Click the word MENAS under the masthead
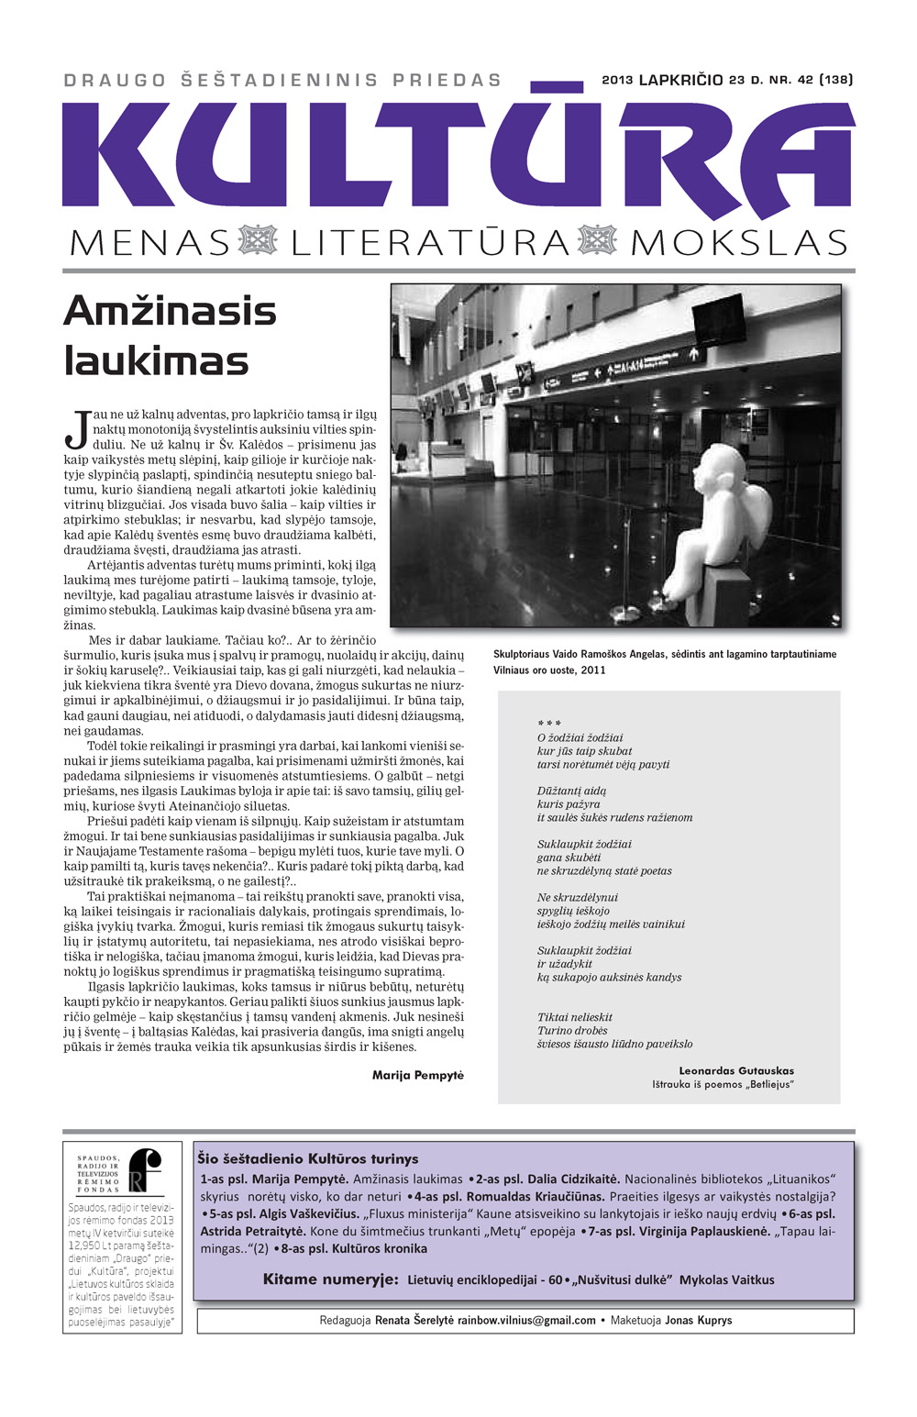click(x=149, y=243)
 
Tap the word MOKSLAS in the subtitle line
click(x=739, y=243)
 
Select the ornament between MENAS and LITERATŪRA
click(x=258, y=240)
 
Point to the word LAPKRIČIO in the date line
click(x=680, y=80)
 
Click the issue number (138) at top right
click(x=835, y=80)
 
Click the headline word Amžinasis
click(x=171, y=311)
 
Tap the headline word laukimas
click(x=157, y=360)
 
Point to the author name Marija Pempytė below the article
click(x=418, y=1075)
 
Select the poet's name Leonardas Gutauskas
click(x=736, y=1070)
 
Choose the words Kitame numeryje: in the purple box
click(x=330, y=1279)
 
